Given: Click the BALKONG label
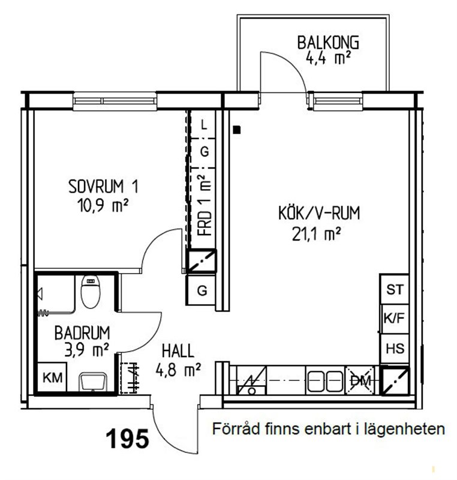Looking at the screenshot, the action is click(x=328, y=43).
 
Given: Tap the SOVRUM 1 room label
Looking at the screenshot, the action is click(x=103, y=187).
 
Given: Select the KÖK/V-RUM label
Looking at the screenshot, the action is click(x=318, y=213).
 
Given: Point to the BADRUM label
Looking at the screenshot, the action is click(x=82, y=333).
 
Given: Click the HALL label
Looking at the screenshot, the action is click(x=178, y=351).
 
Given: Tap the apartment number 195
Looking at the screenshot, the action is click(x=127, y=439).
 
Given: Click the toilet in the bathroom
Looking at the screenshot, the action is click(x=90, y=292).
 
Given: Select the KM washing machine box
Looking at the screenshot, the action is click(x=52, y=377).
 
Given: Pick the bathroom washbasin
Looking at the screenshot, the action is click(x=93, y=382).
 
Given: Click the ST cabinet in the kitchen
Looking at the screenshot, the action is click(x=395, y=289).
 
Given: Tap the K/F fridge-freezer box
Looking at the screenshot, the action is click(x=395, y=319).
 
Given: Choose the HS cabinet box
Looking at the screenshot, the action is click(x=395, y=349).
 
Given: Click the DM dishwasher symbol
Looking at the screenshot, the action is click(x=360, y=380).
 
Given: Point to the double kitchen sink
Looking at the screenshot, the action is click(x=325, y=381).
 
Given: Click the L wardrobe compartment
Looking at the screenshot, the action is click(x=203, y=124).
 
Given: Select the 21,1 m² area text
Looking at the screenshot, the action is click(x=316, y=234).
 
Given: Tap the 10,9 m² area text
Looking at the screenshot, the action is click(x=103, y=205).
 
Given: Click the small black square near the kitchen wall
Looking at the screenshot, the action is click(x=237, y=130).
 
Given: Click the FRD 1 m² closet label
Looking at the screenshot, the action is click(x=205, y=205).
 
